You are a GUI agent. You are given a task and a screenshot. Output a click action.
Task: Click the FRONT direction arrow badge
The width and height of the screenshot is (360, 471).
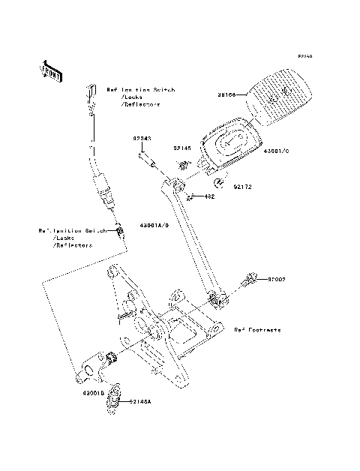coord(51,71)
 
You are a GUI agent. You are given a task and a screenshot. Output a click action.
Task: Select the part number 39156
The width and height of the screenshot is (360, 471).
coord(228,95)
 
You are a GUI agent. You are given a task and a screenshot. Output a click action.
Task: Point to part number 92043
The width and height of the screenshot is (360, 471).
coord(142,139)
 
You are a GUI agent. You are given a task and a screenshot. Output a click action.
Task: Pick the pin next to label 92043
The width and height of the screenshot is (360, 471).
coord(146,160)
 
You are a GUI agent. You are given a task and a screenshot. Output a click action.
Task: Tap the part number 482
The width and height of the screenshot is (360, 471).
coord(211,197)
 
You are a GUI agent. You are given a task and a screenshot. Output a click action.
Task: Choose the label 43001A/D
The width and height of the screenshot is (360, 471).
coord(155,225)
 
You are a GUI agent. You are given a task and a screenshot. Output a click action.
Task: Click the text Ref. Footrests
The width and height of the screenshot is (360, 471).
coord(256,329)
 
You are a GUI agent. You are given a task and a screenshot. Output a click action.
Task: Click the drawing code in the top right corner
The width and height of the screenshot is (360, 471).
coord(303,56)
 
